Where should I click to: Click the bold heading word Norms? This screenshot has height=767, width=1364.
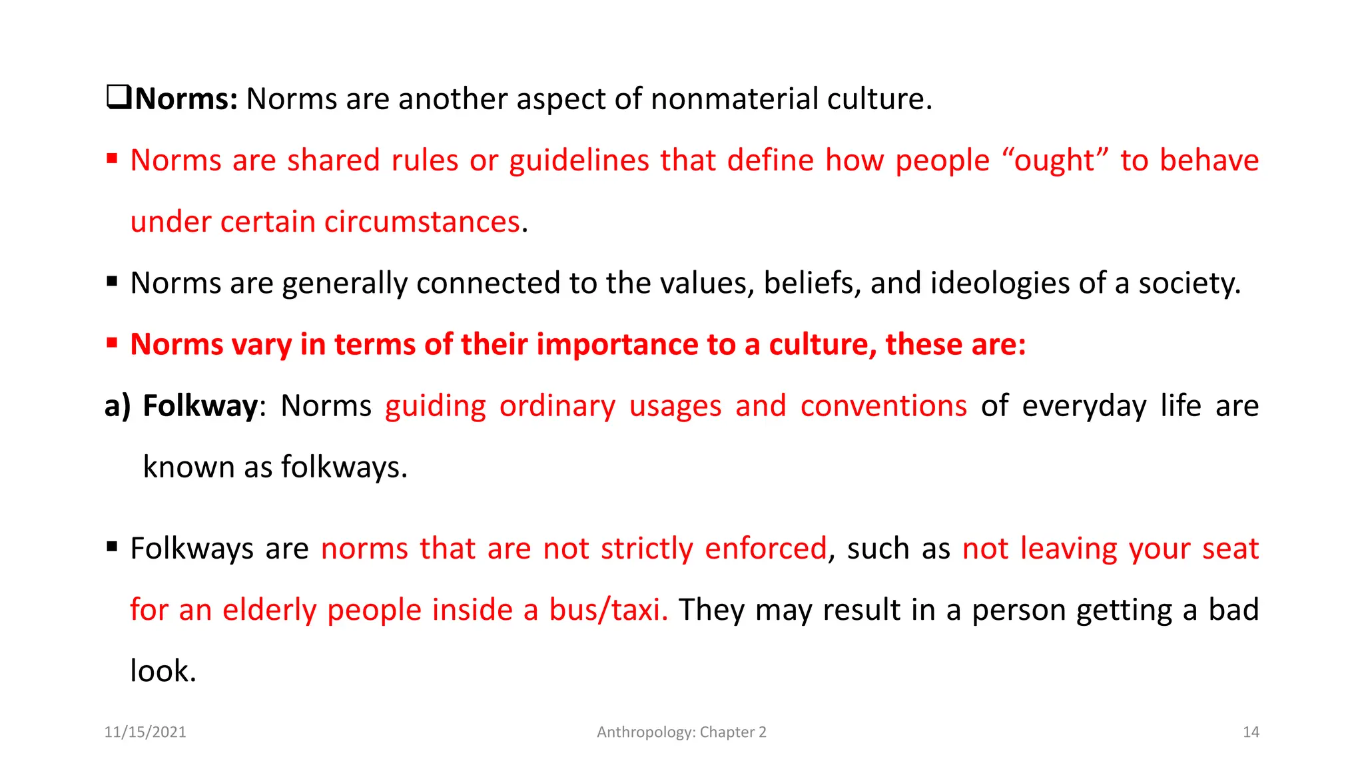point(186,99)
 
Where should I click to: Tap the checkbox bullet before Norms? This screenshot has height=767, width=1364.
point(119,98)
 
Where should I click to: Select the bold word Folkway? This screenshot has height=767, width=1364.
point(200,406)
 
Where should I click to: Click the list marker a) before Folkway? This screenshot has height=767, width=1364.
point(117,406)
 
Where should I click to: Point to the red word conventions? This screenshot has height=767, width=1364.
point(883,406)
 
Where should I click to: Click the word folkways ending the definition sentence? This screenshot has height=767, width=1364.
point(344,467)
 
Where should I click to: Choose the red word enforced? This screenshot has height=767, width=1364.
point(765,549)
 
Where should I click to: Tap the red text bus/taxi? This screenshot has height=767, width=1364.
point(608,611)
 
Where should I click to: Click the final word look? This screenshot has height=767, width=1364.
point(163,671)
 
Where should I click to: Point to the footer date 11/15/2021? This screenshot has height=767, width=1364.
point(145,732)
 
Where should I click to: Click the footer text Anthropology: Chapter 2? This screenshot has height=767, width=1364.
point(681,732)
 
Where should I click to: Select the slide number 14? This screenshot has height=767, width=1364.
point(1251,732)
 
